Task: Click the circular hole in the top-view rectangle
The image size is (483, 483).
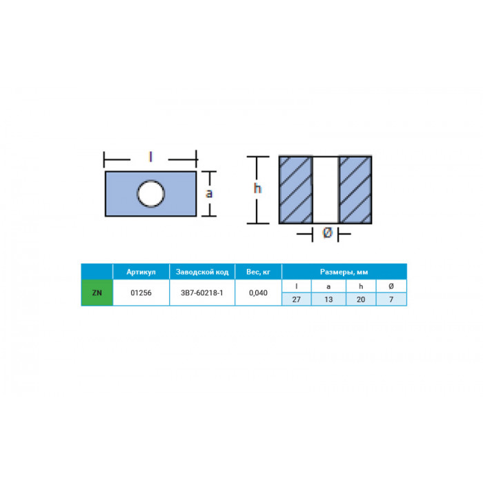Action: [x=150, y=193]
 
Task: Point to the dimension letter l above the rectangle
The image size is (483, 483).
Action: [x=150, y=157]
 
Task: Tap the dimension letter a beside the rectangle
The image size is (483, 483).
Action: [x=209, y=193]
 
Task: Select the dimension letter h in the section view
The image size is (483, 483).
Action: [x=257, y=188]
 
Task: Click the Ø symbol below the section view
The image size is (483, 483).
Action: [x=327, y=233]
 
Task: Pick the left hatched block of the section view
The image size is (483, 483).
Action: [x=296, y=190]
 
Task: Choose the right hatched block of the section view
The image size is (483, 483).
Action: [x=355, y=190]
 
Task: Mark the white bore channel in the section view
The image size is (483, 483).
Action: [x=326, y=190]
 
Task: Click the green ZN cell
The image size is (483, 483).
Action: [x=97, y=293]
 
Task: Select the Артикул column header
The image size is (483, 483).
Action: [x=141, y=272]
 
